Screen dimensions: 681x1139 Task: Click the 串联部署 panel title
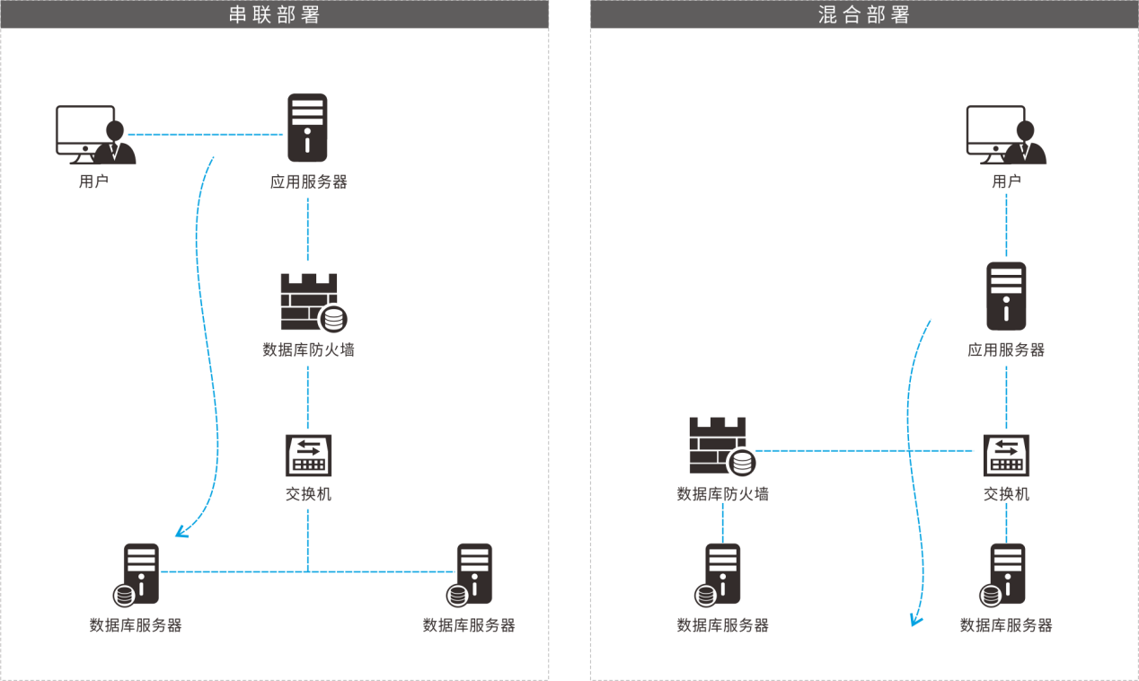(x=274, y=14)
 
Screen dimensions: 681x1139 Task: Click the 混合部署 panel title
(x=864, y=14)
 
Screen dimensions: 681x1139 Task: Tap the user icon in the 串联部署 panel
(x=94, y=135)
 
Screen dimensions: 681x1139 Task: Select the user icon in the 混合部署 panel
(x=1005, y=135)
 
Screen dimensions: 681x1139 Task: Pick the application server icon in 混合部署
(x=1006, y=296)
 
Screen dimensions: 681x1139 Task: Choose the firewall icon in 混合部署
(x=720, y=446)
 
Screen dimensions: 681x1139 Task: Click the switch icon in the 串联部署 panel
(x=307, y=455)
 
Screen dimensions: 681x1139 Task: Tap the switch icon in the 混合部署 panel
(x=1006, y=455)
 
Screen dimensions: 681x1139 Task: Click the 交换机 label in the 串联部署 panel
(x=308, y=494)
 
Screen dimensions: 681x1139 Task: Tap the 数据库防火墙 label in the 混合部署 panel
(x=722, y=494)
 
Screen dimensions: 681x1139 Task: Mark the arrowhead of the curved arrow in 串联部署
(x=180, y=533)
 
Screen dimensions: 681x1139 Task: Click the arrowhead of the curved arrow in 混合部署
(x=914, y=621)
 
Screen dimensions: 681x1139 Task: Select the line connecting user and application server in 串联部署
(x=207, y=135)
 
